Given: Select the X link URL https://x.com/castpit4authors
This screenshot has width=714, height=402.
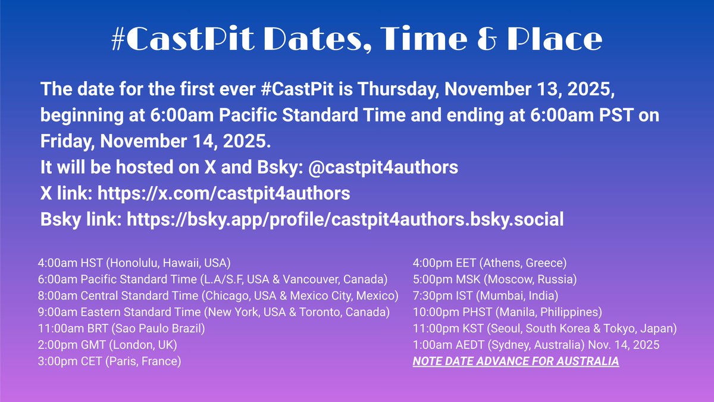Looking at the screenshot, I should pos(223,194).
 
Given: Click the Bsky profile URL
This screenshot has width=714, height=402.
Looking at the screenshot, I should pos(345,219).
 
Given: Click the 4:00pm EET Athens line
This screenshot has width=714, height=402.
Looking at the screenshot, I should pos(490,262).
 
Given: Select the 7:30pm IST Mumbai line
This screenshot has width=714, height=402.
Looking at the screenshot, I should pos(486,295).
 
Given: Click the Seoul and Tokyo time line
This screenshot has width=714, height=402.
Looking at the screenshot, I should pos(545,328).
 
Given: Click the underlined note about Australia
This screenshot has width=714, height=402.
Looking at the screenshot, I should pos(516,361).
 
